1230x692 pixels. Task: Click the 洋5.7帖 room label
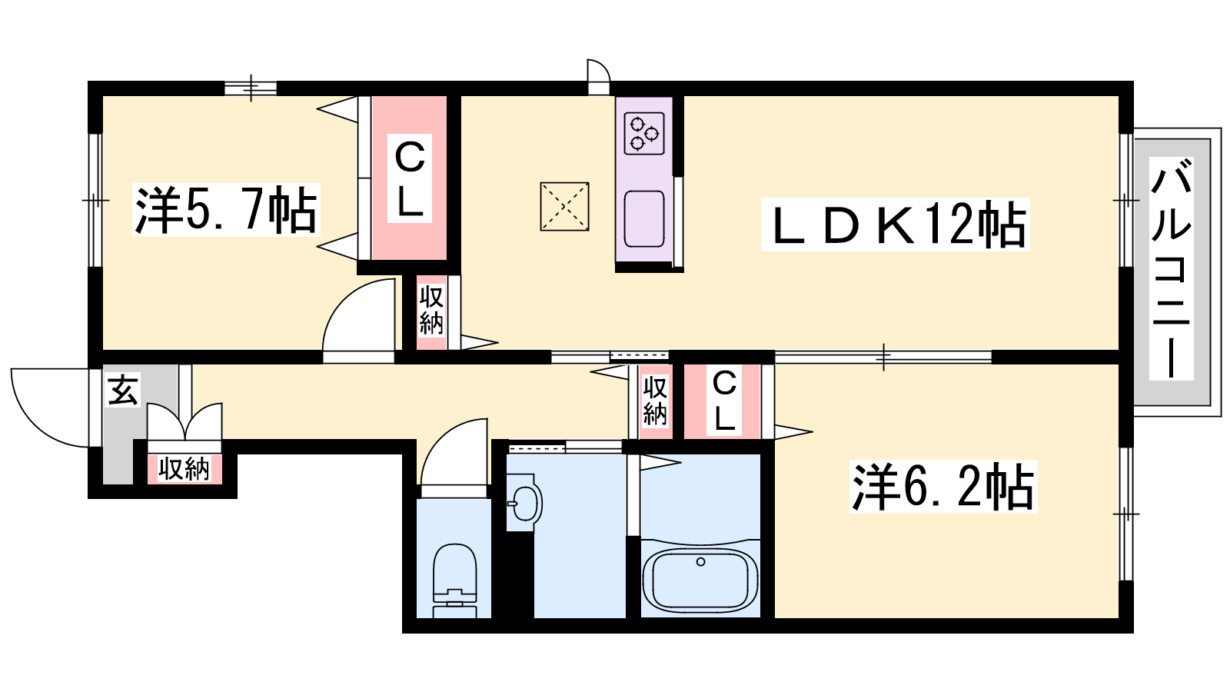[x=226, y=211]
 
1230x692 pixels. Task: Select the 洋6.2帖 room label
[x=942, y=487]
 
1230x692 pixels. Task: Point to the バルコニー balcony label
[x=1172, y=268]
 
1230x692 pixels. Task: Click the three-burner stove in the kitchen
[x=644, y=133]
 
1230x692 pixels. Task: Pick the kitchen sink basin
[x=644, y=218]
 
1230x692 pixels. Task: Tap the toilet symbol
[x=454, y=581]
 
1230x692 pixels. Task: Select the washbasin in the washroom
[x=524, y=503]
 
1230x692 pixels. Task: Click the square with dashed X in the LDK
[x=564, y=207]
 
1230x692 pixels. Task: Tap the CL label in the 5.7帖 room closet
[x=410, y=179]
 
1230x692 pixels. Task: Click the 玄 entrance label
[x=124, y=389]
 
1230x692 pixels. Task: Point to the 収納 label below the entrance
[x=184, y=470]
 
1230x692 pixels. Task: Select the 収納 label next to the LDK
[x=431, y=311]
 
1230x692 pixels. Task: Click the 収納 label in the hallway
[x=655, y=401]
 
